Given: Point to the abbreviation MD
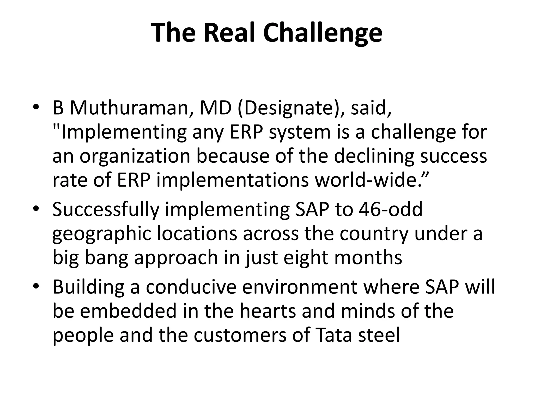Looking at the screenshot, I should tap(216, 108).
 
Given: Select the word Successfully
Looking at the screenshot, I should tap(106, 210).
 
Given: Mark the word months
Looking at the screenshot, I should tap(368, 258).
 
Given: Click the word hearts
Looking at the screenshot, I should tap(268, 311).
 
